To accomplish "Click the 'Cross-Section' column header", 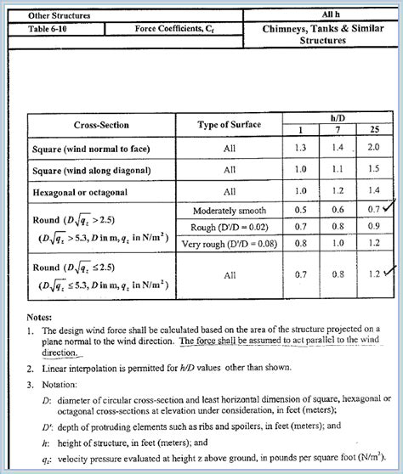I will [x=101, y=126].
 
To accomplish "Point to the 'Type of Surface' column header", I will [x=230, y=126].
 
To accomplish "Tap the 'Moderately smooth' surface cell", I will [x=230, y=209].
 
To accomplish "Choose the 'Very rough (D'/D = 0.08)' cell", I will [x=230, y=245].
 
